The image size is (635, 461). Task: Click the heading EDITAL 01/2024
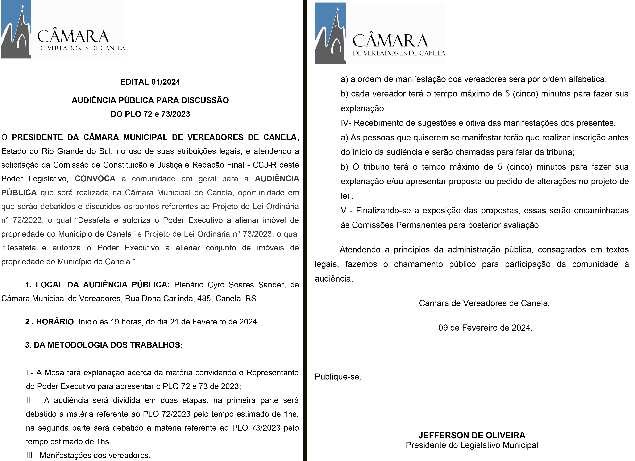[x=150, y=82]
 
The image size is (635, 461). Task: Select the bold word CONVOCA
[x=95, y=179]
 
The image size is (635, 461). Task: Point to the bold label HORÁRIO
[x=55, y=322]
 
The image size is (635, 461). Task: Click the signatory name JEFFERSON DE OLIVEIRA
[x=472, y=435]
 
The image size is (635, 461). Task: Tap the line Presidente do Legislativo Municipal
[x=472, y=445]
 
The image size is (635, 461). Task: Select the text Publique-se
[x=338, y=377]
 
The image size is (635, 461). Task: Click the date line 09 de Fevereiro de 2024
[x=485, y=328]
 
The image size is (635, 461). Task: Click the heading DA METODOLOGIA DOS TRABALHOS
[x=108, y=345]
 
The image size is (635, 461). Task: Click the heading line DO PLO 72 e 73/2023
[x=150, y=114]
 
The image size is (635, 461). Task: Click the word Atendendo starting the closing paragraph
[x=360, y=249]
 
